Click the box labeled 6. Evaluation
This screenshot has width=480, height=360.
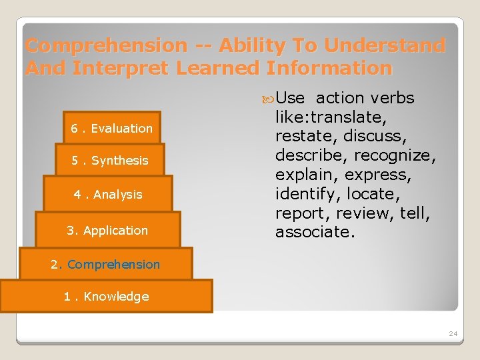112,128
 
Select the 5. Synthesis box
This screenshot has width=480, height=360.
111,160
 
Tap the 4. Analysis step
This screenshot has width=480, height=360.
108,195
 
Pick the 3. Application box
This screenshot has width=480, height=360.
107,230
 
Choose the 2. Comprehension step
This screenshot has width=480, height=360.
105,264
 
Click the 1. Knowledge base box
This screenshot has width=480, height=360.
106,297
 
